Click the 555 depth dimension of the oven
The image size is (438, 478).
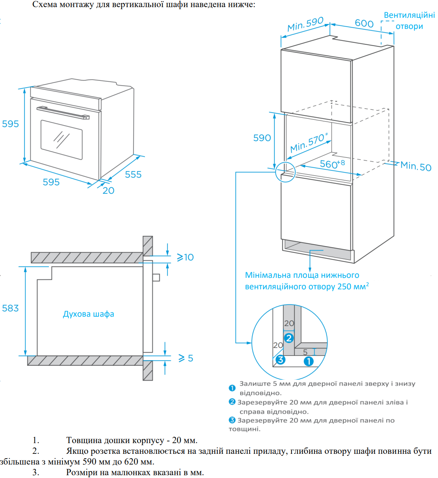(133, 174)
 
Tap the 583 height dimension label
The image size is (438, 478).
(10, 308)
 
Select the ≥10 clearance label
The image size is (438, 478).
(185, 257)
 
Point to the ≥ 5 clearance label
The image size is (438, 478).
(186, 358)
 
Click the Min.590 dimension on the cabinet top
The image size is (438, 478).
(305, 24)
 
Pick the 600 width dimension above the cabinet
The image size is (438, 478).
(364, 23)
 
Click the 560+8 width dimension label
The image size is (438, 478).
(332, 163)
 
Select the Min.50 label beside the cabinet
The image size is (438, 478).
(415, 166)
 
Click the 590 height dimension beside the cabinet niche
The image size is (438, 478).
(262, 138)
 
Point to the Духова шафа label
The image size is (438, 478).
(88, 314)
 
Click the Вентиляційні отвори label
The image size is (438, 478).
(409, 21)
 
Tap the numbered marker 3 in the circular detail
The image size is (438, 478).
(280, 359)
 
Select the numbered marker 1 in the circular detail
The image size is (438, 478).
(309, 361)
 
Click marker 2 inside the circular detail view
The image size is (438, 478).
(289, 338)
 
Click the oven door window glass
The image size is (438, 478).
(61, 140)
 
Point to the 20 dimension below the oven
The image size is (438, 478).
(108, 191)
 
